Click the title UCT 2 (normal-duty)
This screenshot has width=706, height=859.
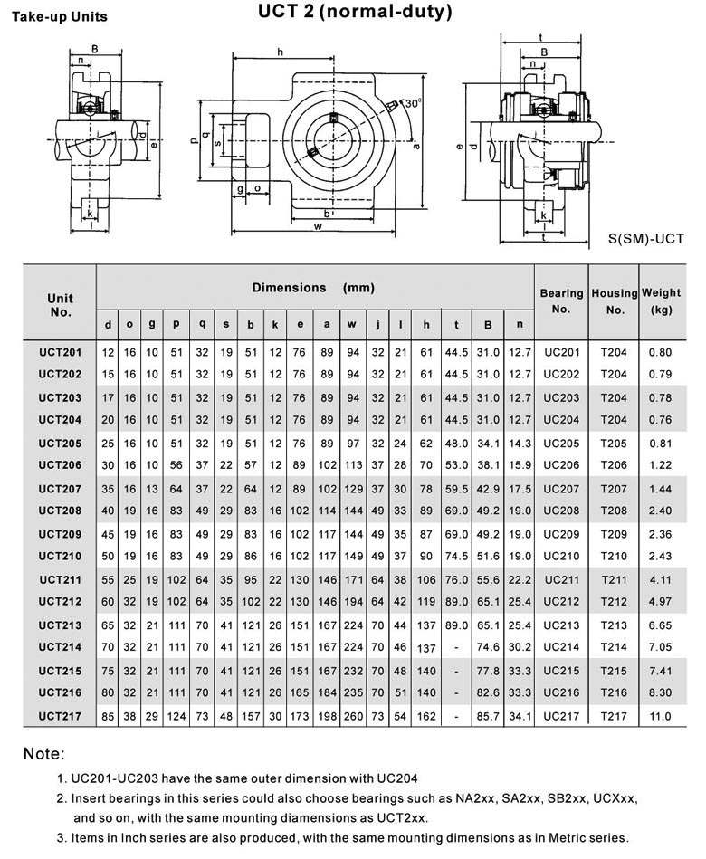click(x=355, y=13)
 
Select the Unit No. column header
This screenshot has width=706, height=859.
click(x=60, y=305)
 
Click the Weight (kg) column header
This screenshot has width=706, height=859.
click(x=661, y=301)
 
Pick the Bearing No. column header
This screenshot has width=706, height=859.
click(x=561, y=301)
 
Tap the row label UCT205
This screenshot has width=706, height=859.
click(x=60, y=444)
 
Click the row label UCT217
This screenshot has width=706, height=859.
click(x=60, y=716)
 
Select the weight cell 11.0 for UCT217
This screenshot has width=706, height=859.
click(x=661, y=716)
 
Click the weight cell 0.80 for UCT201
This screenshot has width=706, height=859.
click(x=661, y=351)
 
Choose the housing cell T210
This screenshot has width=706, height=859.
click(x=614, y=555)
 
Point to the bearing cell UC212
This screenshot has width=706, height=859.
click(x=561, y=602)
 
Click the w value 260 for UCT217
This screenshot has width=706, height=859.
click(x=352, y=716)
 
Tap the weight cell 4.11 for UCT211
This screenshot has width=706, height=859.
click(x=661, y=578)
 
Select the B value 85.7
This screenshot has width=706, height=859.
click(x=488, y=716)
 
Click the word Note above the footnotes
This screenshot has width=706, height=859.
click(x=43, y=753)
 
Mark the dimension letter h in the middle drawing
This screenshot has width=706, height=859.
click(x=280, y=51)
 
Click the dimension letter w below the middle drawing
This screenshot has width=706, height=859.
click(x=318, y=226)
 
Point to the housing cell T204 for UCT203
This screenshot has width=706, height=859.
click(x=614, y=397)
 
